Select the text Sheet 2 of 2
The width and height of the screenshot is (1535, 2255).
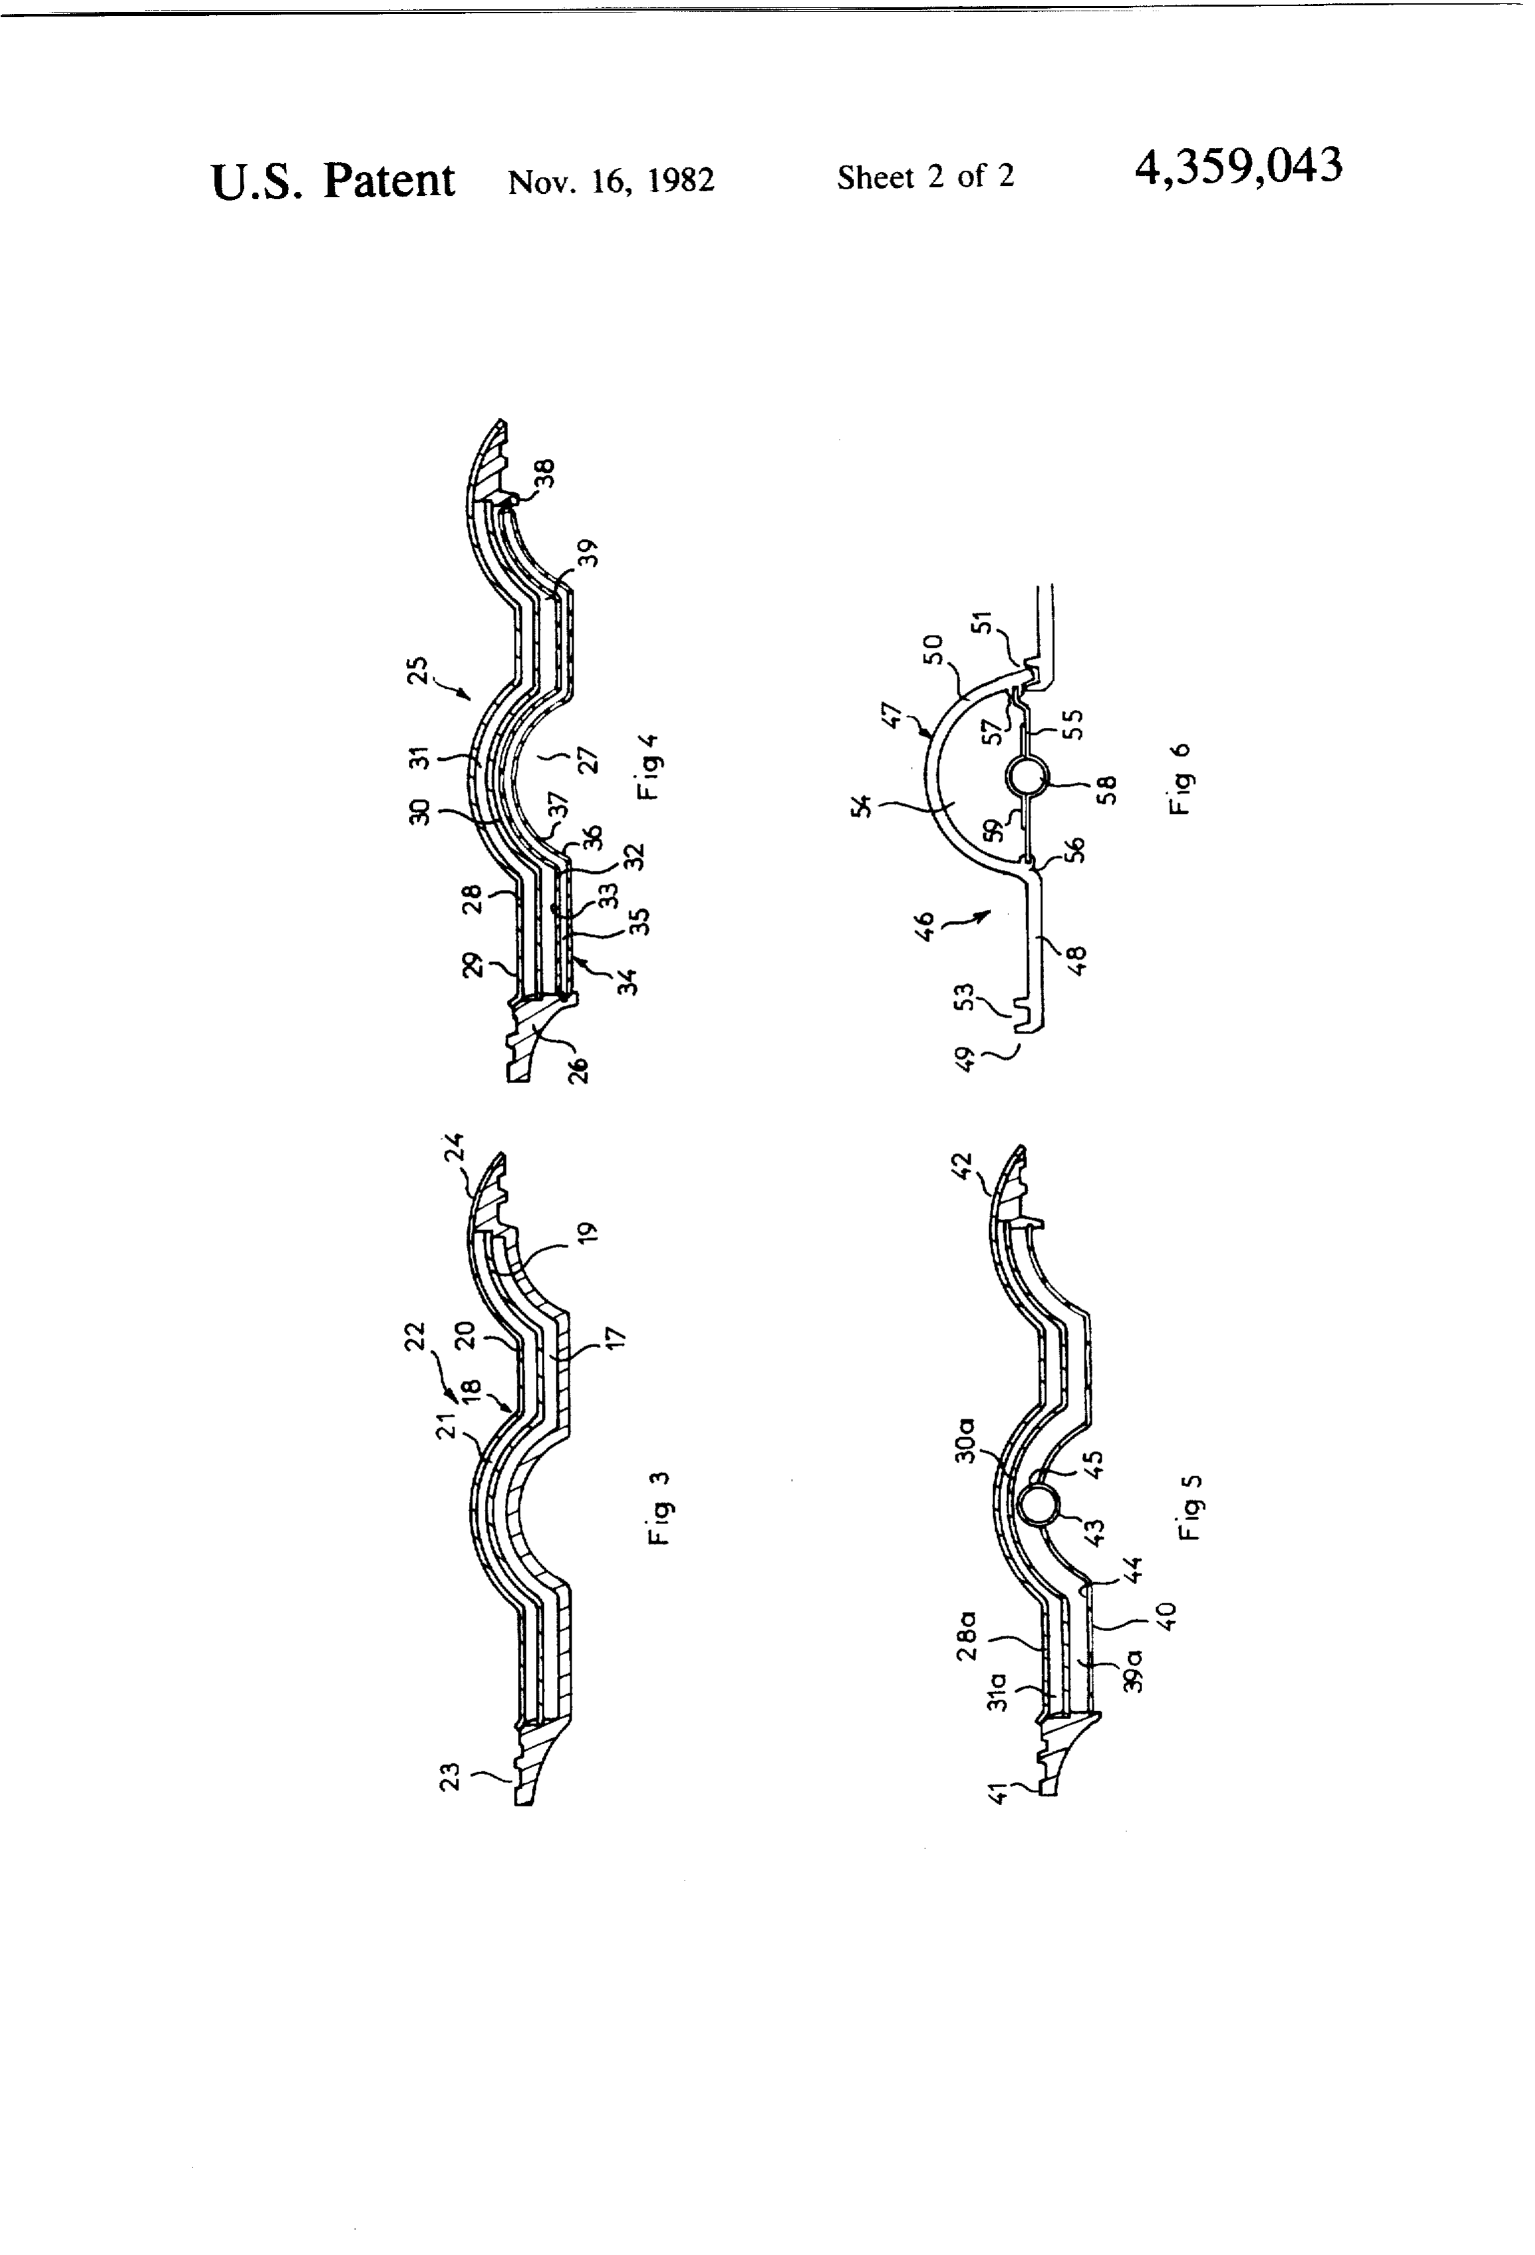[x=926, y=177]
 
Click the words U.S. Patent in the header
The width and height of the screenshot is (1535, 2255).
[x=333, y=181]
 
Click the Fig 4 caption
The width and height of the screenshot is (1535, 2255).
[x=648, y=766]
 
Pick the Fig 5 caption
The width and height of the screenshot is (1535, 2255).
[x=1190, y=1507]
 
